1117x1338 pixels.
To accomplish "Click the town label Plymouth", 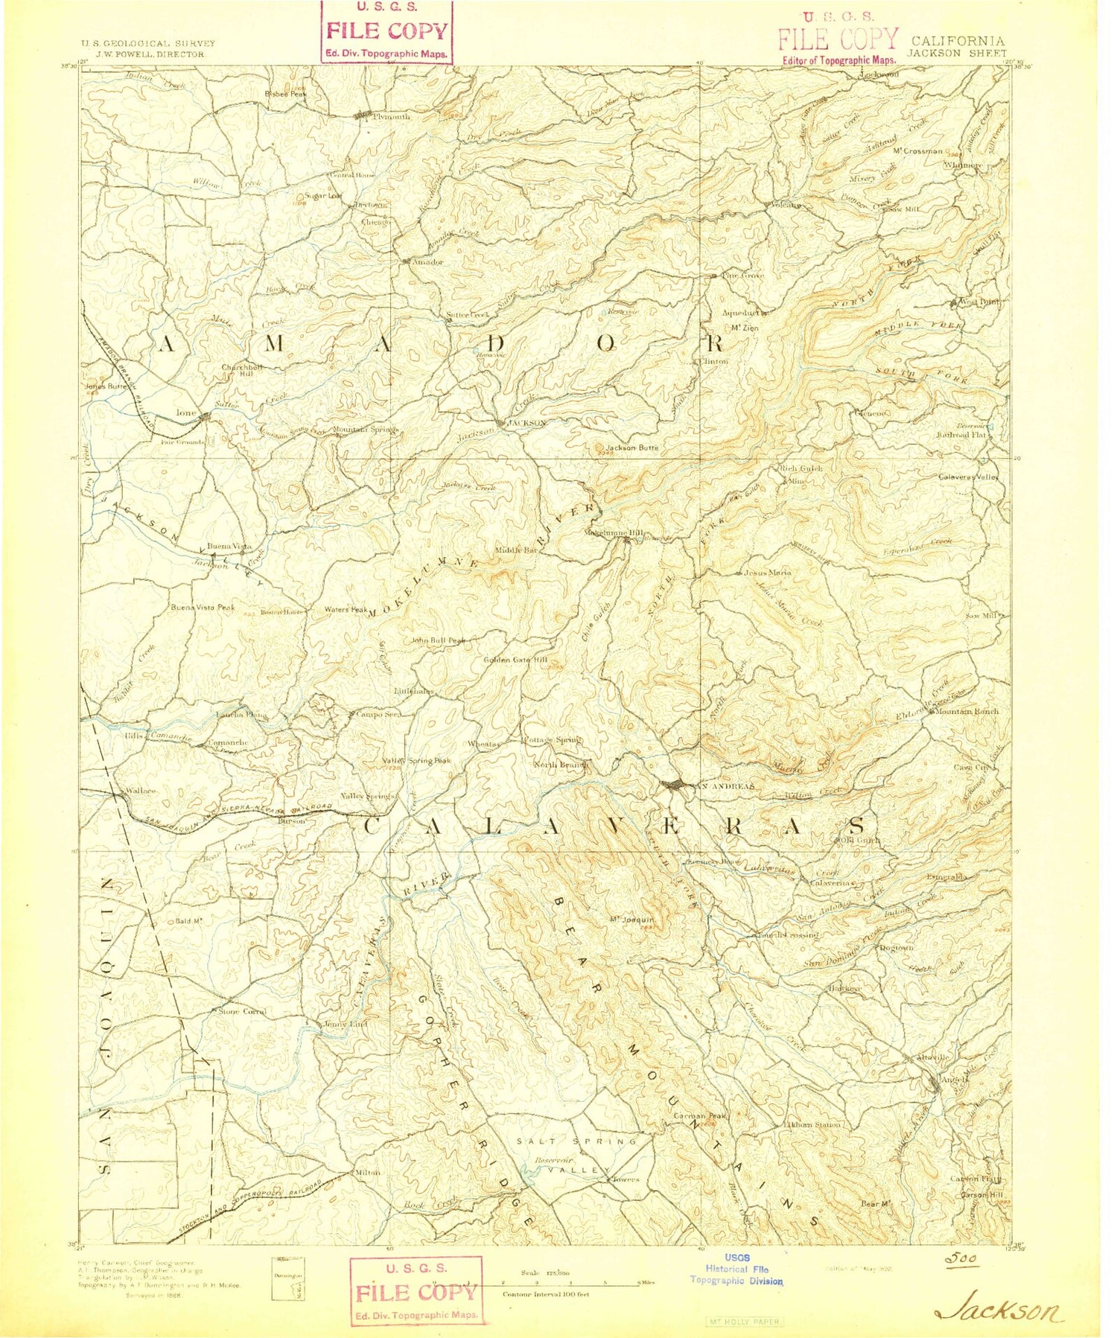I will click(391, 117).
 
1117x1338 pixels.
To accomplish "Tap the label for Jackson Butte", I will click(631, 447).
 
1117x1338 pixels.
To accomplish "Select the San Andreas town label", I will click(723, 786).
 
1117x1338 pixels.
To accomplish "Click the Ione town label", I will click(185, 412).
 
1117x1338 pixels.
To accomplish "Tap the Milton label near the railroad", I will click(367, 1172).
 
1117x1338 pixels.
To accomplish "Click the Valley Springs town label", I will click(367, 796).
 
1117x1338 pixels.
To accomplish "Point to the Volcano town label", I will click(786, 205).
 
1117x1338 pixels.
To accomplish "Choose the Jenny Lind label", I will click(345, 1024).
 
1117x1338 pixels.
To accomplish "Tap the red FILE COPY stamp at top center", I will click(386, 32).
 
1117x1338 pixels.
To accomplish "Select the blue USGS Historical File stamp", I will click(736, 1269).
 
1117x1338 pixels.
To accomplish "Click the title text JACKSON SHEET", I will click(956, 54).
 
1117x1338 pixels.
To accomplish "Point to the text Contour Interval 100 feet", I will click(546, 1294).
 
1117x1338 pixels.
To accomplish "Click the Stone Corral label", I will click(241, 1011).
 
